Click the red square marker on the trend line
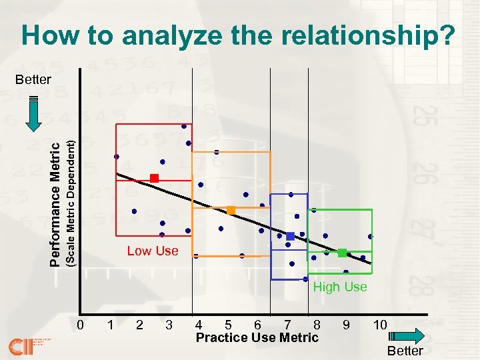pos(154,178)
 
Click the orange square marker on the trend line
pos(231,211)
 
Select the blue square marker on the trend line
pos(290,237)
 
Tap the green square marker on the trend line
pos(342,253)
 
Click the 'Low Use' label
pos(153,251)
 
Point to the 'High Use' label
pos(340,287)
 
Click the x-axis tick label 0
pos(80,325)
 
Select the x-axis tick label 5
pos(229,325)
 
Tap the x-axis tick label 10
pos(380,325)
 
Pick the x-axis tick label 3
pos(169,325)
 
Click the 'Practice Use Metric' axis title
pos(257,338)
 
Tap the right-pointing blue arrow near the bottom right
pos(405,335)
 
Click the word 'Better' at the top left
pos(33,79)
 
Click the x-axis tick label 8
pos(317,325)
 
